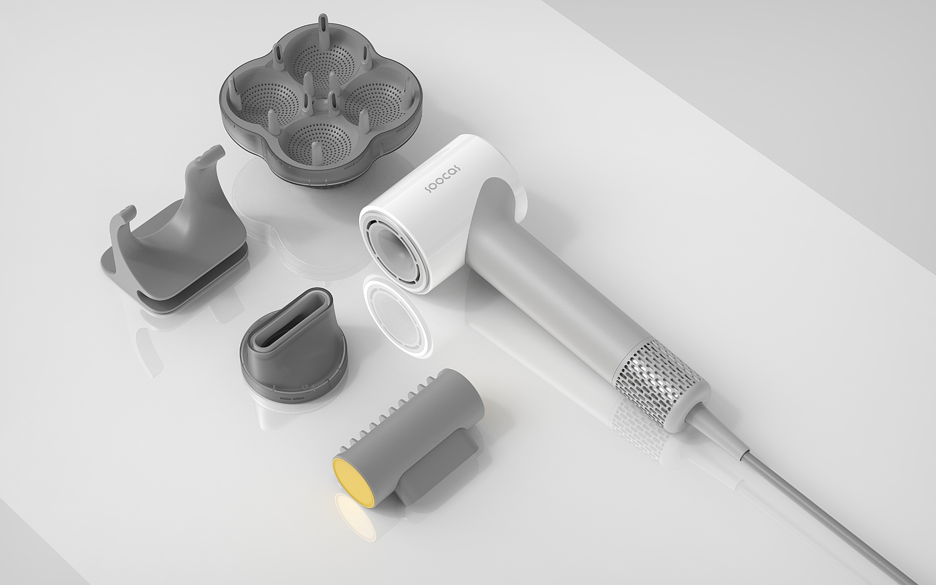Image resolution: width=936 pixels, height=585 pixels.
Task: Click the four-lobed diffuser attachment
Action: pyautogui.click(x=320, y=100)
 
